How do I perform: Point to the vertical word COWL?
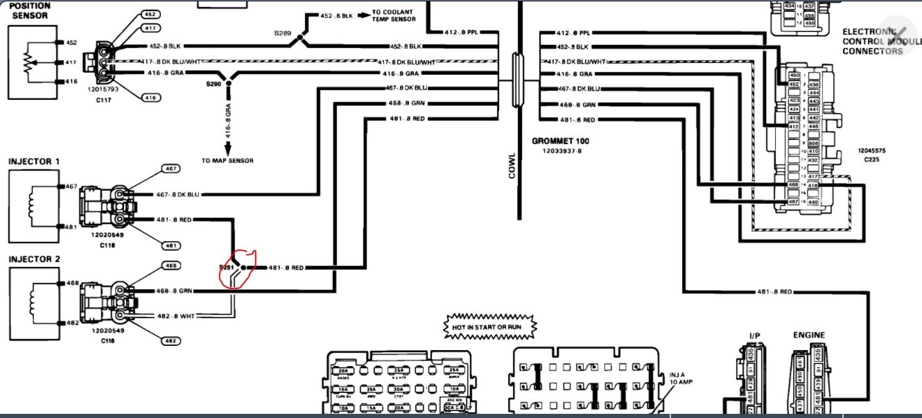512,166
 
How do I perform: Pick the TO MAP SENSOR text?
227,160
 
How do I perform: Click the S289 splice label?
283,33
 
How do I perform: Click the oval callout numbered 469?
171,265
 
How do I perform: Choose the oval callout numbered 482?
171,340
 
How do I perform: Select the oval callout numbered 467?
171,168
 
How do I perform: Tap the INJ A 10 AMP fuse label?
681,378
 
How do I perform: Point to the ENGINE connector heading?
809,336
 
